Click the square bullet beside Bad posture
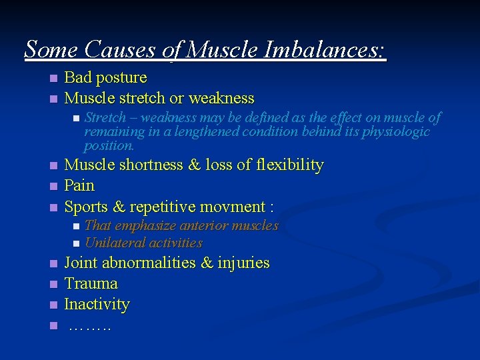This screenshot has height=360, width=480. click(54, 78)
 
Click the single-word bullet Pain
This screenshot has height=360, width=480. click(79, 185)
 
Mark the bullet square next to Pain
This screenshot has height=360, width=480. click(54, 186)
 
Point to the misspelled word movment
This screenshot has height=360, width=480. click(234, 206)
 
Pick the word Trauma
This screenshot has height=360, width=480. click(91, 283)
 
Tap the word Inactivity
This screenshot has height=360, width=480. click(97, 304)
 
